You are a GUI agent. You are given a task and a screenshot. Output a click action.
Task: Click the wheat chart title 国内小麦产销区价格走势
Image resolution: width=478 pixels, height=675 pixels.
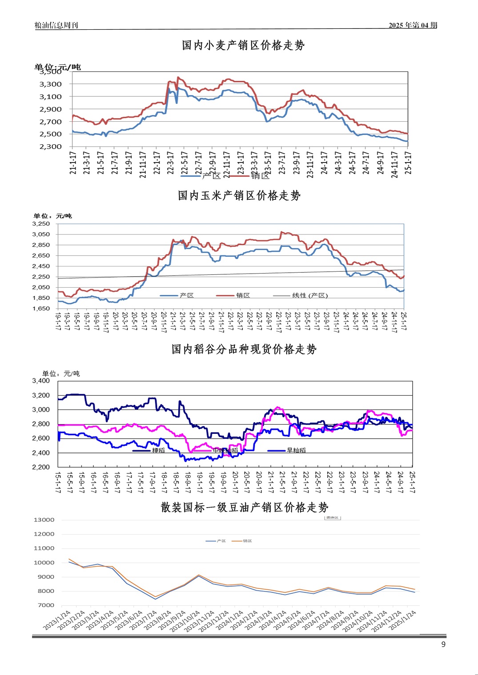pyautogui.click(x=243, y=45)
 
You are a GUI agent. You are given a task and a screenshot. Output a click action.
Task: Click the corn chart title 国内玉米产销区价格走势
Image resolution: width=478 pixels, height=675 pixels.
pyautogui.click(x=239, y=195)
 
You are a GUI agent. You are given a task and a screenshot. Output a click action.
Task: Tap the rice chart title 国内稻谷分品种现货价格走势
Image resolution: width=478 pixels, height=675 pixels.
pyautogui.click(x=244, y=349)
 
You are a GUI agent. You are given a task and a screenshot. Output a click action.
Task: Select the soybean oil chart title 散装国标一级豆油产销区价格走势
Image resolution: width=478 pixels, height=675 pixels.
pyautogui.click(x=245, y=507)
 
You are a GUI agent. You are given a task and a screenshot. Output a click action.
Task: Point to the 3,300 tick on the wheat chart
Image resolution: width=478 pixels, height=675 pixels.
pyautogui.click(x=51, y=84)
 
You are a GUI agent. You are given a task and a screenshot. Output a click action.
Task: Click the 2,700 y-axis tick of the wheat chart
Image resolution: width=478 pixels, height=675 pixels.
pyautogui.click(x=51, y=122)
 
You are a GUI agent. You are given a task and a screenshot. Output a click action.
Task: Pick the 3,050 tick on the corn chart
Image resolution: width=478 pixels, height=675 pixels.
pyautogui.click(x=41, y=234)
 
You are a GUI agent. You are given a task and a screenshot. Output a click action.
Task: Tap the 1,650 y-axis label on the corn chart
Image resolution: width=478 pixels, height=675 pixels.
pyautogui.click(x=41, y=308)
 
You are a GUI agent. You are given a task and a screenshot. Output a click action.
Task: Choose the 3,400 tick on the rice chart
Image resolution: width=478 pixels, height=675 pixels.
pyautogui.click(x=41, y=381)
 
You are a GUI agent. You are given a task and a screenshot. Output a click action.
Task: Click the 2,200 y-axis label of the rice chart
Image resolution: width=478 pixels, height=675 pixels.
pyautogui.click(x=41, y=467)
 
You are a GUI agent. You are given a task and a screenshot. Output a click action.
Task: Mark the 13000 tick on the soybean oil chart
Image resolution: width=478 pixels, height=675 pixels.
pyautogui.click(x=44, y=520)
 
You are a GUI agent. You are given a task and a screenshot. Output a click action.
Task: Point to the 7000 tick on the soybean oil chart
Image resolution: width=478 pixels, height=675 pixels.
pyautogui.click(x=46, y=605)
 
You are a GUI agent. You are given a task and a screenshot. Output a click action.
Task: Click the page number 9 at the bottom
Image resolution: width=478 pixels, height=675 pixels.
pyautogui.click(x=443, y=644)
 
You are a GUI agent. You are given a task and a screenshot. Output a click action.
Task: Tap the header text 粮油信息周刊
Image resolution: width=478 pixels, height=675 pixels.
pyautogui.click(x=56, y=25)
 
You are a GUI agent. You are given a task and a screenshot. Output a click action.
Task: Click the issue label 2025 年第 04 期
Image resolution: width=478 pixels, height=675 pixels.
pyautogui.click(x=413, y=25)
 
